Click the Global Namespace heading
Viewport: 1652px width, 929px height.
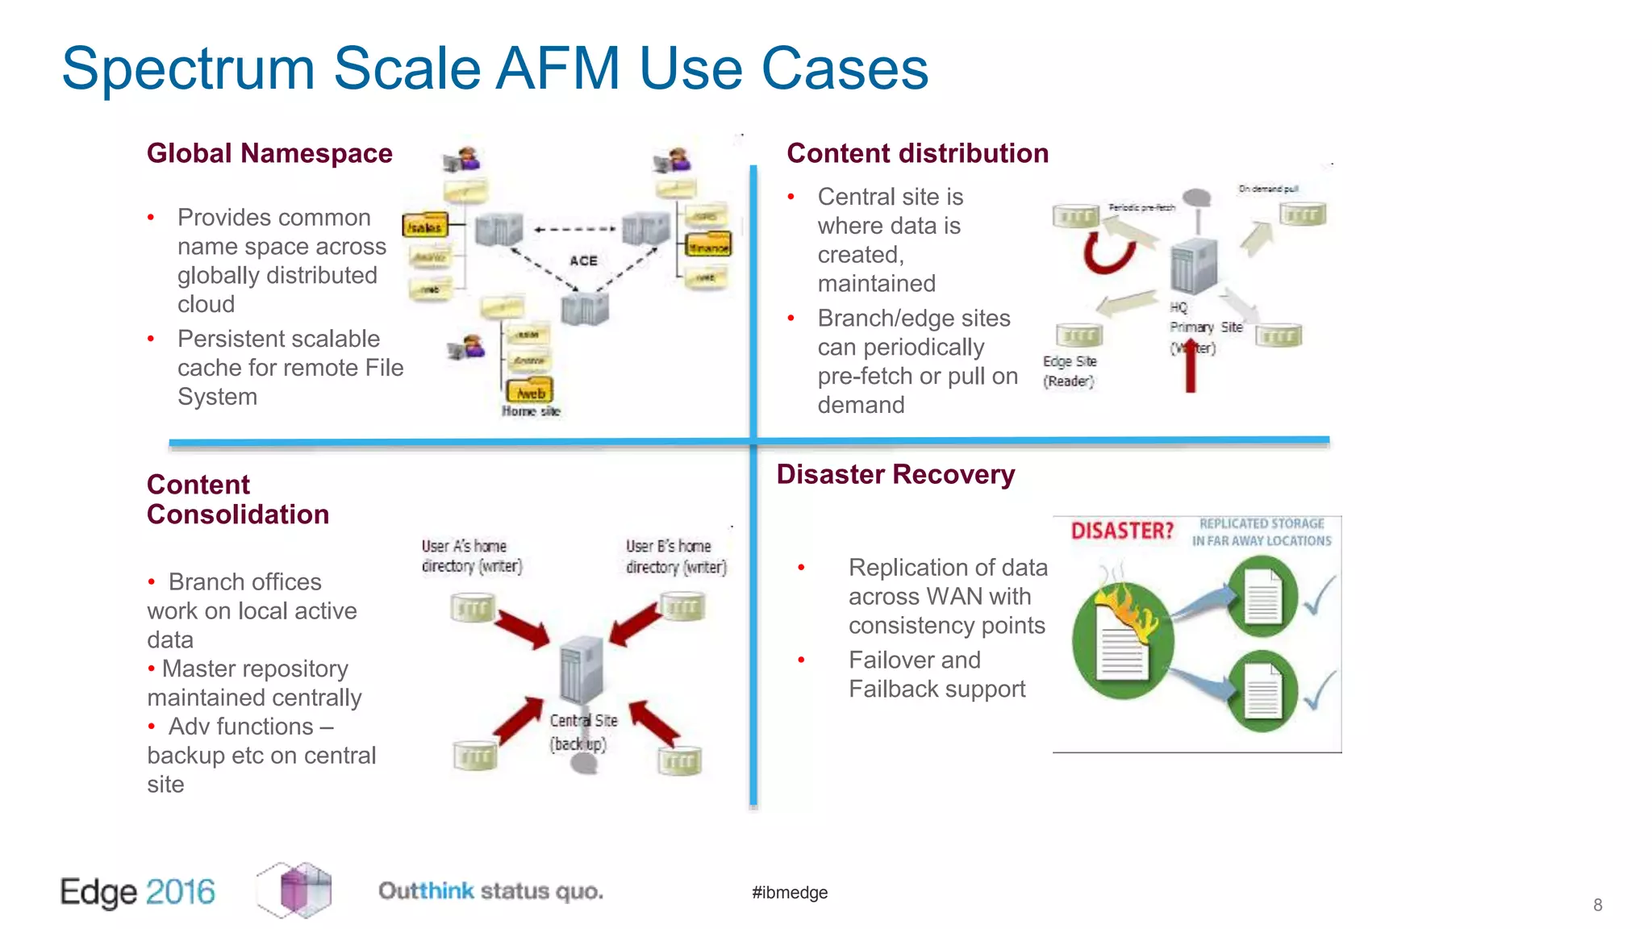point(269,153)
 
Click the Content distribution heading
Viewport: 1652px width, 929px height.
point(917,153)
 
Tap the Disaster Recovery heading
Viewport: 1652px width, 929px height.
point(895,474)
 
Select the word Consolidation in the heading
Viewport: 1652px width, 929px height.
point(238,514)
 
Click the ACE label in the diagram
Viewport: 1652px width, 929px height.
point(583,260)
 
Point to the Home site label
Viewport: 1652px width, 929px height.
point(531,411)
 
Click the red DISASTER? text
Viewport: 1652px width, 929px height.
point(1121,531)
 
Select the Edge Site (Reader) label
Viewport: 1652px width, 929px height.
point(1070,371)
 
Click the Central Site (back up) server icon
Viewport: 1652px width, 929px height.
point(582,669)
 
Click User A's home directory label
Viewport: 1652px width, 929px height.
point(472,556)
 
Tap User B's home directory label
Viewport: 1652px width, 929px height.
point(676,556)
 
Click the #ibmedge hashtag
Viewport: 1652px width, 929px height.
point(790,892)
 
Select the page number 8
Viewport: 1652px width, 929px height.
point(1597,905)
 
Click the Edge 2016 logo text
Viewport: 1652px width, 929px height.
point(138,892)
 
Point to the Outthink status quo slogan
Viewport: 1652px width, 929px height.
point(490,891)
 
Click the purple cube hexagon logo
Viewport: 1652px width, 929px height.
point(294,889)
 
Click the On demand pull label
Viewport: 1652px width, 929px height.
point(1268,189)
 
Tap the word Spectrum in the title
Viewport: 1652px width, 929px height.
point(187,69)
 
